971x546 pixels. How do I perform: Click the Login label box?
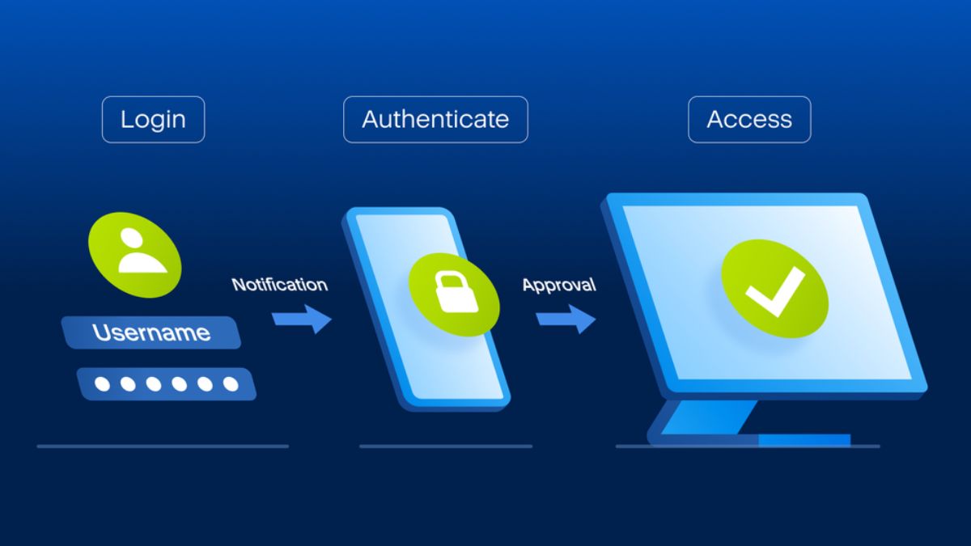(153, 120)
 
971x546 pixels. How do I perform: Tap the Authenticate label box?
(435, 120)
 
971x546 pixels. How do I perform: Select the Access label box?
(749, 120)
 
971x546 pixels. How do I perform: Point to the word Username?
(151, 332)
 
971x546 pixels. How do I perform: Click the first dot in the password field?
(103, 384)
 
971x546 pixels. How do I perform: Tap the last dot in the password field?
(231, 384)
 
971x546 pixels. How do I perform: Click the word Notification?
(279, 285)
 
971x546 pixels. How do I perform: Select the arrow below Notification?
(302, 319)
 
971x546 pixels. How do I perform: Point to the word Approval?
(558, 285)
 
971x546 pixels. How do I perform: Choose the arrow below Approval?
(566, 319)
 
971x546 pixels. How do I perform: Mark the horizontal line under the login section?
(162, 446)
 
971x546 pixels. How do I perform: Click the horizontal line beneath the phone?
(445, 446)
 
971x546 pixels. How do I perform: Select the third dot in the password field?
(154, 384)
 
